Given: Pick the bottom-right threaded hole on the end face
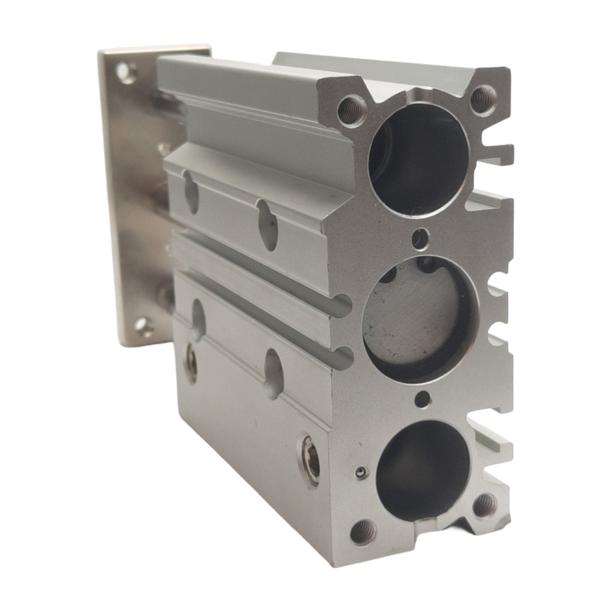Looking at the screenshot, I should point(483,504).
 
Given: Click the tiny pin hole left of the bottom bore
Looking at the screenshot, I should point(360,472).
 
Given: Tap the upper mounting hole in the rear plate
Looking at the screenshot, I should point(124,68).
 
